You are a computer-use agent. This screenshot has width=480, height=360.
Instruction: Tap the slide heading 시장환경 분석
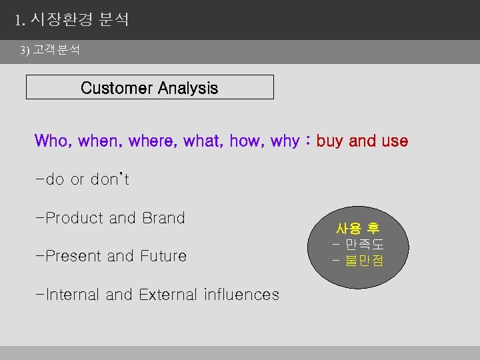(x=80, y=20)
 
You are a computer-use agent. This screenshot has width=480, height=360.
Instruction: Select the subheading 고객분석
(x=57, y=51)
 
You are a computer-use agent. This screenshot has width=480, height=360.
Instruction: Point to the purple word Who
(x=52, y=141)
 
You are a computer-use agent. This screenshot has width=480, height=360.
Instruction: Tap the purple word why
(x=285, y=142)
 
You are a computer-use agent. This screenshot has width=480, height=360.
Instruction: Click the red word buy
(x=330, y=142)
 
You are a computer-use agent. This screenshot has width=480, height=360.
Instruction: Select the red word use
(x=394, y=141)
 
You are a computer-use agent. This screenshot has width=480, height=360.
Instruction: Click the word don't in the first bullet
(x=109, y=179)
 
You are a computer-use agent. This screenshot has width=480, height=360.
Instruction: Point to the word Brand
(x=163, y=218)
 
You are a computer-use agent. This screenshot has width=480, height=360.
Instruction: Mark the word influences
(x=241, y=295)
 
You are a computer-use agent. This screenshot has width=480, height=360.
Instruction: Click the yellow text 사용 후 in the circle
(x=358, y=229)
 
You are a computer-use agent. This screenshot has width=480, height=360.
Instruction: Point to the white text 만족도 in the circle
(x=364, y=245)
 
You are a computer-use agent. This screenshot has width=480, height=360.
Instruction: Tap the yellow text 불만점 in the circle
(x=364, y=261)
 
